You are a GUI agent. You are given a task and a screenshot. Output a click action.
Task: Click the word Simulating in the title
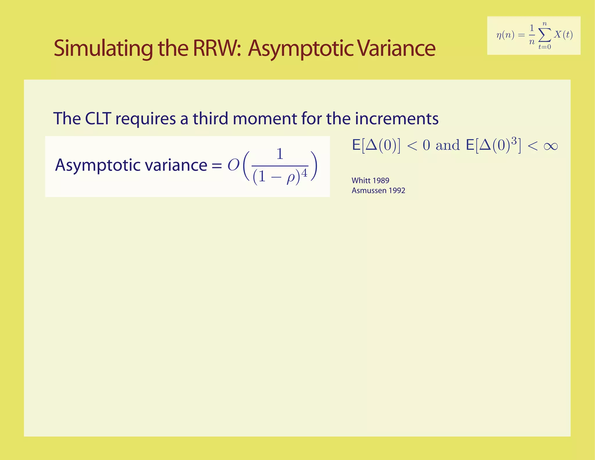tap(103, 49)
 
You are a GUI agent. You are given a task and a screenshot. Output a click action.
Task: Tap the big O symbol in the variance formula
tap(233, 165)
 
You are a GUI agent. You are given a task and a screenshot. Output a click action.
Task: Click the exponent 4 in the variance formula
tap(304, 173)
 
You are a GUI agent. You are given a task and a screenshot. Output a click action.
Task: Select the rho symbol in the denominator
tap(291, 177)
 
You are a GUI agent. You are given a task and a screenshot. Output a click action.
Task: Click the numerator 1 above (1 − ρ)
tap(280, 154)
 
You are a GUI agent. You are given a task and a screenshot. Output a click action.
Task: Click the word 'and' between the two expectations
tap(448, 145)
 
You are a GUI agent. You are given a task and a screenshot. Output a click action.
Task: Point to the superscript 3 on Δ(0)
tap(514, 141)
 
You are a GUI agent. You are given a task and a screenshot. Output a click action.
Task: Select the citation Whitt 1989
tap(370, 181)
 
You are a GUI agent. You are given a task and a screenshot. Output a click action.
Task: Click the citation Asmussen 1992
tap(378, 190)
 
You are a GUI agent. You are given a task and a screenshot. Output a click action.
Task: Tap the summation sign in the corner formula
tap(544, 35)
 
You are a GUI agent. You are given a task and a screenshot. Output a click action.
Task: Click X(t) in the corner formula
tap(563, 35)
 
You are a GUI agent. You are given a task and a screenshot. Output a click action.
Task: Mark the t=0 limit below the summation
tap(544, 47)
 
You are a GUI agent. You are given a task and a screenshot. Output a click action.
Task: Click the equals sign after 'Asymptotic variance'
tap(216, 166)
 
